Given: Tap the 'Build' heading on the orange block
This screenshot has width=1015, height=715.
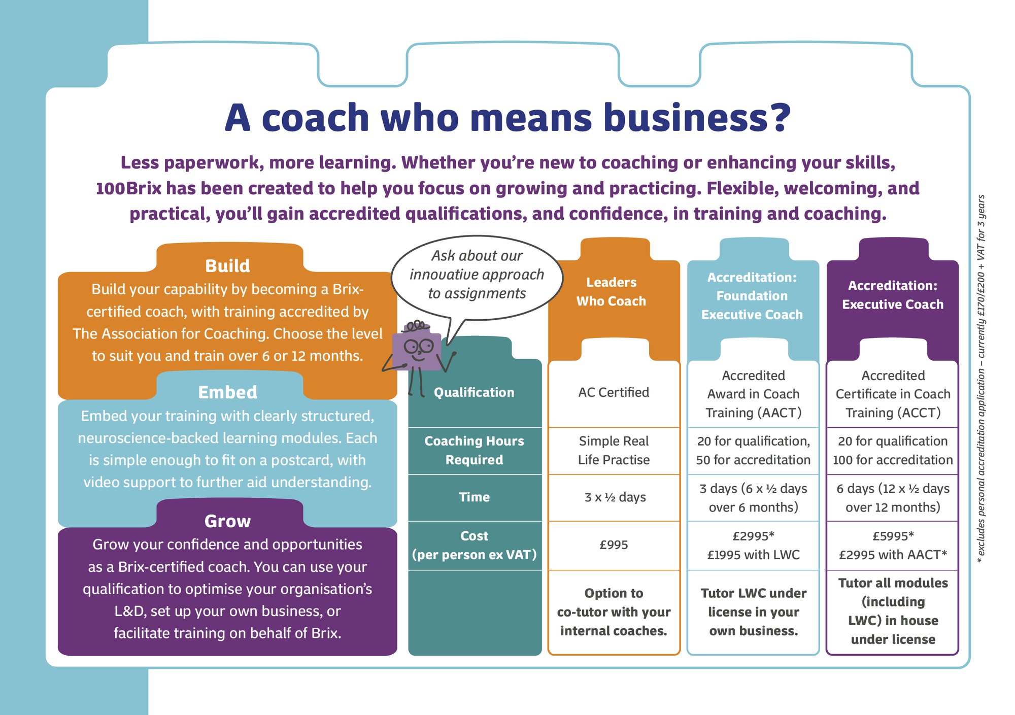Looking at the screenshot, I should click(x=227, y=266).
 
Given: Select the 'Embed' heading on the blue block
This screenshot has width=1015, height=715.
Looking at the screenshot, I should click(x=227, y=392).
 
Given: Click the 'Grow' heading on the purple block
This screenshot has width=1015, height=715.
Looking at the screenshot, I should click(x=227, y=521).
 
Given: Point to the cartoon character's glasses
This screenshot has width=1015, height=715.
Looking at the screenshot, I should click(x=418, y=347).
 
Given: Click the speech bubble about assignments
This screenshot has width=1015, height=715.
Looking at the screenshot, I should click(x=477, y=275).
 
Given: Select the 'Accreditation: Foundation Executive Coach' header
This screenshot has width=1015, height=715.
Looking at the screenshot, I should click(x=752, y=296).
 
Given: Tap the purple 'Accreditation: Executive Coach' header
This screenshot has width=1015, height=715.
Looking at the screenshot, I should click(x=893, y=295).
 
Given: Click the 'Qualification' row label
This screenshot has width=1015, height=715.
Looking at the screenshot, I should click(x=474, y=392).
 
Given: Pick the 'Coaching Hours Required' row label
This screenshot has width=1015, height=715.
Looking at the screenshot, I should click(x=474, y=450).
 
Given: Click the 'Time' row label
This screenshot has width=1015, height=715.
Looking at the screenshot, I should click(x=474, y=497).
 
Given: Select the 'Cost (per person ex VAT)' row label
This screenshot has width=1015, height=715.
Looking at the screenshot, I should click(x=474, y=545).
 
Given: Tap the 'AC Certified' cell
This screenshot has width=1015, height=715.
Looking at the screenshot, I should click(x=614, y=392).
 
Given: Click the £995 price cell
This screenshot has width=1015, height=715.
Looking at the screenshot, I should click(x=614, y=545).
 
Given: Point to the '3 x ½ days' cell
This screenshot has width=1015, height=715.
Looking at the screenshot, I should click(x=615, y=497).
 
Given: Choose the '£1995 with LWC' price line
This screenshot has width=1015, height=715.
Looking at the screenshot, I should click(x=753, y=555).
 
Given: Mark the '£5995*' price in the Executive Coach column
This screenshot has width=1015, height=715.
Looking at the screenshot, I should click(x=893, y=536).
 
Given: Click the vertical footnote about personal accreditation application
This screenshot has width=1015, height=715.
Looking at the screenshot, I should click(x=981, y=379).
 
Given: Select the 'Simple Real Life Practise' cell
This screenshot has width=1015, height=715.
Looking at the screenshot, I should click(x=614, y=450).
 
